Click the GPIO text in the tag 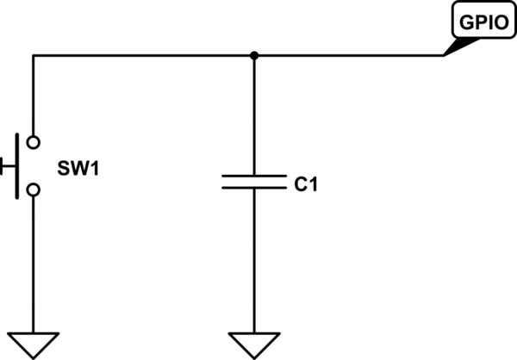tap(477, 23)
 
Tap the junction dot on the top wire tap(253, 56)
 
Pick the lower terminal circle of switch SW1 tap(33, 189)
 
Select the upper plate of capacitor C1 tap(253, 175)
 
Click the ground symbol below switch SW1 tap(33, 343)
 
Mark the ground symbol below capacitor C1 tap(253, 343)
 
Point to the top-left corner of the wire tap(33, 56)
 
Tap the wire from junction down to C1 tap(253, 116)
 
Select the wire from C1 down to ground tap(253, 258)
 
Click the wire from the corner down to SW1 tap(33, 95)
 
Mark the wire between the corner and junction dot tap(142, 56)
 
